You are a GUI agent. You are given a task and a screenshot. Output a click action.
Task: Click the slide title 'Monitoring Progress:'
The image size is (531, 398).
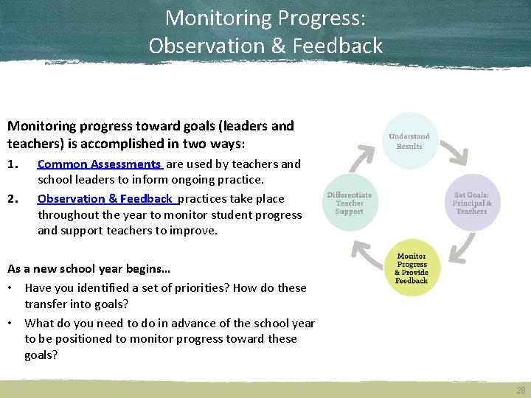[265, 18]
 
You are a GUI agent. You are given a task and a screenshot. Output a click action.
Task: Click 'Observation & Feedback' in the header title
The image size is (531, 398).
[265, 46]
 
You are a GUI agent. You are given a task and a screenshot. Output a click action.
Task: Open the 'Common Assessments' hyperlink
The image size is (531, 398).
[99, 164]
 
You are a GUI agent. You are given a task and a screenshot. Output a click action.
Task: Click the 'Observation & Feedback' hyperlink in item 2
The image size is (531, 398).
[105, 198]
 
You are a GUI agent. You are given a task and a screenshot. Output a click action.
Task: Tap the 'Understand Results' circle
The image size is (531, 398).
[409, 141]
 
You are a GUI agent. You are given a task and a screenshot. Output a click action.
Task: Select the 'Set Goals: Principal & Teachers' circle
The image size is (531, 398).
[471, 203]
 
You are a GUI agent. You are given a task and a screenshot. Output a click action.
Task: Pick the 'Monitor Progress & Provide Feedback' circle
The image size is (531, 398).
[411, 269]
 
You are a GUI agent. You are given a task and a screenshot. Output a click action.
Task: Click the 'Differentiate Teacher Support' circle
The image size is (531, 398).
[350, 203]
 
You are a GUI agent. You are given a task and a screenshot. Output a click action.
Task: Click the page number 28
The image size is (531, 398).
[521, 390]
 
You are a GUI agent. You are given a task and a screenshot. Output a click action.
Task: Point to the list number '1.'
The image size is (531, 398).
[13, 164]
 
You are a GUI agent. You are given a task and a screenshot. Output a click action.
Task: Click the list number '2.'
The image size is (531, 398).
[13, 198]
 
